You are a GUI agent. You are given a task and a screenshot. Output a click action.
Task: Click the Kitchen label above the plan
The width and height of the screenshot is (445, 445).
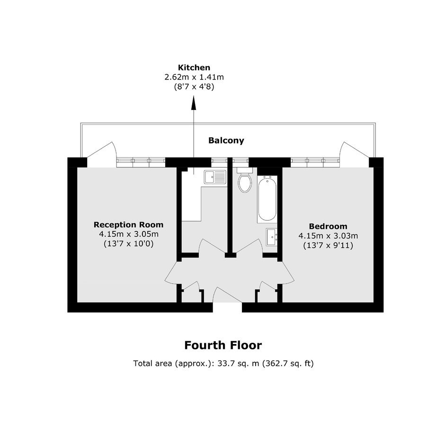pyautogui.click(x=194, y=68)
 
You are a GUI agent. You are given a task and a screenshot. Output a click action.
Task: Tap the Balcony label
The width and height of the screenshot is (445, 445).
pyautogui.click(x=226, y=141)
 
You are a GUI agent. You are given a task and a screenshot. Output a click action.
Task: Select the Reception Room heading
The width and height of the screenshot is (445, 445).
pyautogui.click(x=129, y=225)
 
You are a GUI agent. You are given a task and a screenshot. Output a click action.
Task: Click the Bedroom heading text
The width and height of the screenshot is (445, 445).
pyautogui.click(x=328, y=226)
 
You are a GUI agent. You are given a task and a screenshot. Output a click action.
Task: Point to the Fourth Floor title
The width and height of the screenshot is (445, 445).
pyautogui.click(x=223, y=345)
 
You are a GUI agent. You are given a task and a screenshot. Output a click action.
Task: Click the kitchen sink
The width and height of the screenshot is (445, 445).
pyautogui.click(x=215, y=177)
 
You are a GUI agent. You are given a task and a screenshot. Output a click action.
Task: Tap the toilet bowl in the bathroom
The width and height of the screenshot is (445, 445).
pyautogui.click(x=245, y=183)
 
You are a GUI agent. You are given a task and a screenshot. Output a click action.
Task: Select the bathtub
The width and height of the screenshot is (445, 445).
pyautogui.click(x=267, y=198)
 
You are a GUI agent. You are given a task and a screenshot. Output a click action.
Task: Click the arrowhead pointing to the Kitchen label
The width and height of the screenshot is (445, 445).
pyautogui.click(x=194, y=103)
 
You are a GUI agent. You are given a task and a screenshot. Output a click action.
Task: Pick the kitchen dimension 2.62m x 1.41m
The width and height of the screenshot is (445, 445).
pyautogui.click(x=194, y=77)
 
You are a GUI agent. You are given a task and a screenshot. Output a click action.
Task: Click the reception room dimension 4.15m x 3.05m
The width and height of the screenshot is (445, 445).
pyautogui.click(x=129, y=234)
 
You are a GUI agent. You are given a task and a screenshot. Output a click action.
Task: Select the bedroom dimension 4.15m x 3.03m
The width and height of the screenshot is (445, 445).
pyautogui.click(x=328, y=236)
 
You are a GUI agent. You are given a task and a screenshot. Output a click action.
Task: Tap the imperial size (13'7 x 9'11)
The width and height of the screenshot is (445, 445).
pyautogui.click(x=328, y=245)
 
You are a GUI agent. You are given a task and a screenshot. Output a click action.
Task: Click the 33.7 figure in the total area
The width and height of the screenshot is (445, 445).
pyautogui.click(x=224, y=363)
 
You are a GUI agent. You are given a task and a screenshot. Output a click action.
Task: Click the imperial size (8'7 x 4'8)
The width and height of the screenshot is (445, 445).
pyautogui.click(x=194, y=87)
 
